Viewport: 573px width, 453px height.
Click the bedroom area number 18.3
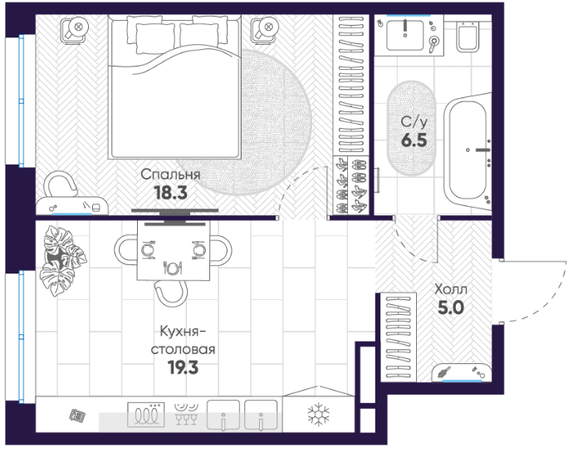(x=171, y=193)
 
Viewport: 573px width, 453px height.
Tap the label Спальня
(x=171, y=175)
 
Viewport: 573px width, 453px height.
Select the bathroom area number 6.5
(x=414, y=140)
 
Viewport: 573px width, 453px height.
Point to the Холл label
(x=451, y=289)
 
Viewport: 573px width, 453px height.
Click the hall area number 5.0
(x=451, y=308)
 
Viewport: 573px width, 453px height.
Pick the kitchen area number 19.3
(x=183, y=367)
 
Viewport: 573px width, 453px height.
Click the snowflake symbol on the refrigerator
(x=319, y=415)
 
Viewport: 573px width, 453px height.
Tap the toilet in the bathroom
(x=468, y=36)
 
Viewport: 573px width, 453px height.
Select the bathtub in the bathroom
(x=468, y=151)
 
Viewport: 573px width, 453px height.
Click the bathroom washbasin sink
(x=405, y=35)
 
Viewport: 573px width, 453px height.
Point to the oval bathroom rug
(x=411, y=128)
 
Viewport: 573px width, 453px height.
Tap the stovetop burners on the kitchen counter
(x=146, y=415)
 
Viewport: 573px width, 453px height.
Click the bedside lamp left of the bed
(x=76, y=29)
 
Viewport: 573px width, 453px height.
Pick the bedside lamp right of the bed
(x=266, y=29)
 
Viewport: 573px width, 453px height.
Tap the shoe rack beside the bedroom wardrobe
(x=350, y=185)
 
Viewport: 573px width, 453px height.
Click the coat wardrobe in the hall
(x=399, y=337)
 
